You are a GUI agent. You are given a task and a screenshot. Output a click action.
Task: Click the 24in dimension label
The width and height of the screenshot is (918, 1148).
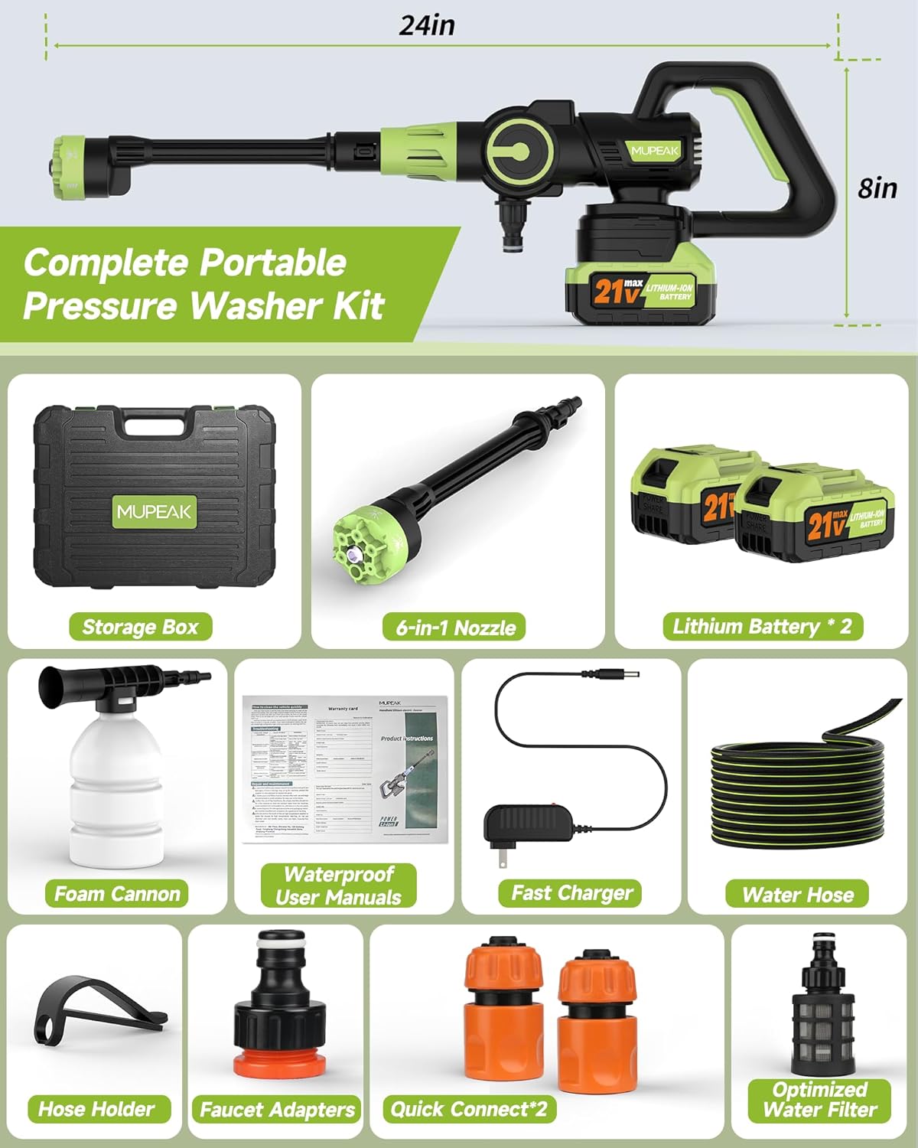pyautogui.click(x=427, y=25)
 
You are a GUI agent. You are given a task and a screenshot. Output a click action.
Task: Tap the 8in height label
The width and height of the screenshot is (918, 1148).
pyautogui.click(x=877, y=188)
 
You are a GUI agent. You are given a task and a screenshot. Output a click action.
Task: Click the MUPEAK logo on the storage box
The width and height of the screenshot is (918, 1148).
pyautogui.click(x=155, y=511)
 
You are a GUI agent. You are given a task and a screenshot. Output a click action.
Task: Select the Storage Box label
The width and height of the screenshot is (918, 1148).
pyautogui.click(x=140, y=627)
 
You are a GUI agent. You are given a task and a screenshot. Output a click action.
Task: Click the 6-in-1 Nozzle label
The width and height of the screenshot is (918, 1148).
pyautogui.click(x=456, y=628)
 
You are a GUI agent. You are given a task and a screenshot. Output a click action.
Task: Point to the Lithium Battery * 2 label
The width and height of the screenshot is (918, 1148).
pyautogui.click(x=762, y=626)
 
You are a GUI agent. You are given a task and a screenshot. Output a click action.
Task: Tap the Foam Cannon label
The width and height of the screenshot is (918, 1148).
pyautogui.click(x=117, y=893)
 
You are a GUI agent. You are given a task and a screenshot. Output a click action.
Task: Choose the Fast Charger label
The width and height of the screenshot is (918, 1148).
pyautogui.click(x=571, y=892)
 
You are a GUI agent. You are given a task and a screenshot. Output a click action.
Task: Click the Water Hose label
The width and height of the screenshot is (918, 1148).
pyautogui.click(x=797, y=894)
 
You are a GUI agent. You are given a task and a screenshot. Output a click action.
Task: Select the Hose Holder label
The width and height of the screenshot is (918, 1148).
pyautogui.click(x=96, y=1108)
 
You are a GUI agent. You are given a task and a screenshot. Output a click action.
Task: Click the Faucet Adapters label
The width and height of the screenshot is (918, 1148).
pyautogui.click(x=277, y=1109)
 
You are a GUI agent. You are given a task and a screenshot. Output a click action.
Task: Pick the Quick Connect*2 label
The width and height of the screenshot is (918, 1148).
pyautogui.click(x=469, y=1108)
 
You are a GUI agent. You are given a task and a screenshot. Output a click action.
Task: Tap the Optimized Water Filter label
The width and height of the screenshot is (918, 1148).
pyautogui.click(x=819, y=1100)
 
